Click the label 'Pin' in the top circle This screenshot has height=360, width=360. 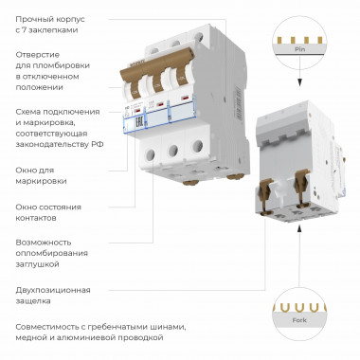299,46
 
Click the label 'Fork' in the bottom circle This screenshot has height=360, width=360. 299,323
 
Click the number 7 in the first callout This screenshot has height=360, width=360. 30,30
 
